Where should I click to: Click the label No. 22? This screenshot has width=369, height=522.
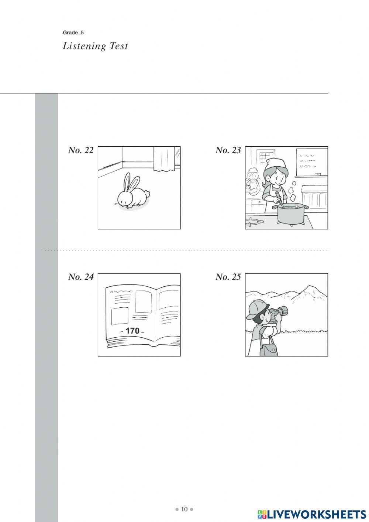click(x=80, y=150)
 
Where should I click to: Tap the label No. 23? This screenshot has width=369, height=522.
click(x=228, y=150)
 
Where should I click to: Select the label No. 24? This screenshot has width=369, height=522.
click(x=80, y=277)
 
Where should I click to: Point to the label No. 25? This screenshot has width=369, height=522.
click(x=228, y=277)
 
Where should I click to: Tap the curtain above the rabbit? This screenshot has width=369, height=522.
click(x=164, y=159)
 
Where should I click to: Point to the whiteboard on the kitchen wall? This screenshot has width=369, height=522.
click(x=312, y=162)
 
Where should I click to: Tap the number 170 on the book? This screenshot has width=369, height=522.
click(x=132, y=331)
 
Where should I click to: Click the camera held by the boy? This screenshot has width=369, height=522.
click(x=279, y=313)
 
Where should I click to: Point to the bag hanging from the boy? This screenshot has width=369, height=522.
click(x=269, y=347)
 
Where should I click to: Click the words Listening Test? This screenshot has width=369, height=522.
click(x=95, y=46)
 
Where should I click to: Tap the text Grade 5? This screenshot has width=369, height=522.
click(x=73, y=33)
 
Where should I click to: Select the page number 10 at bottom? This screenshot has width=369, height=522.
click(x=184, y=509)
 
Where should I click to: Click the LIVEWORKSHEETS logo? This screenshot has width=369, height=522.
click(x=312, y=514)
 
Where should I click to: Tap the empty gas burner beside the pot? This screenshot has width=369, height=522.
click(x=254, y=222)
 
